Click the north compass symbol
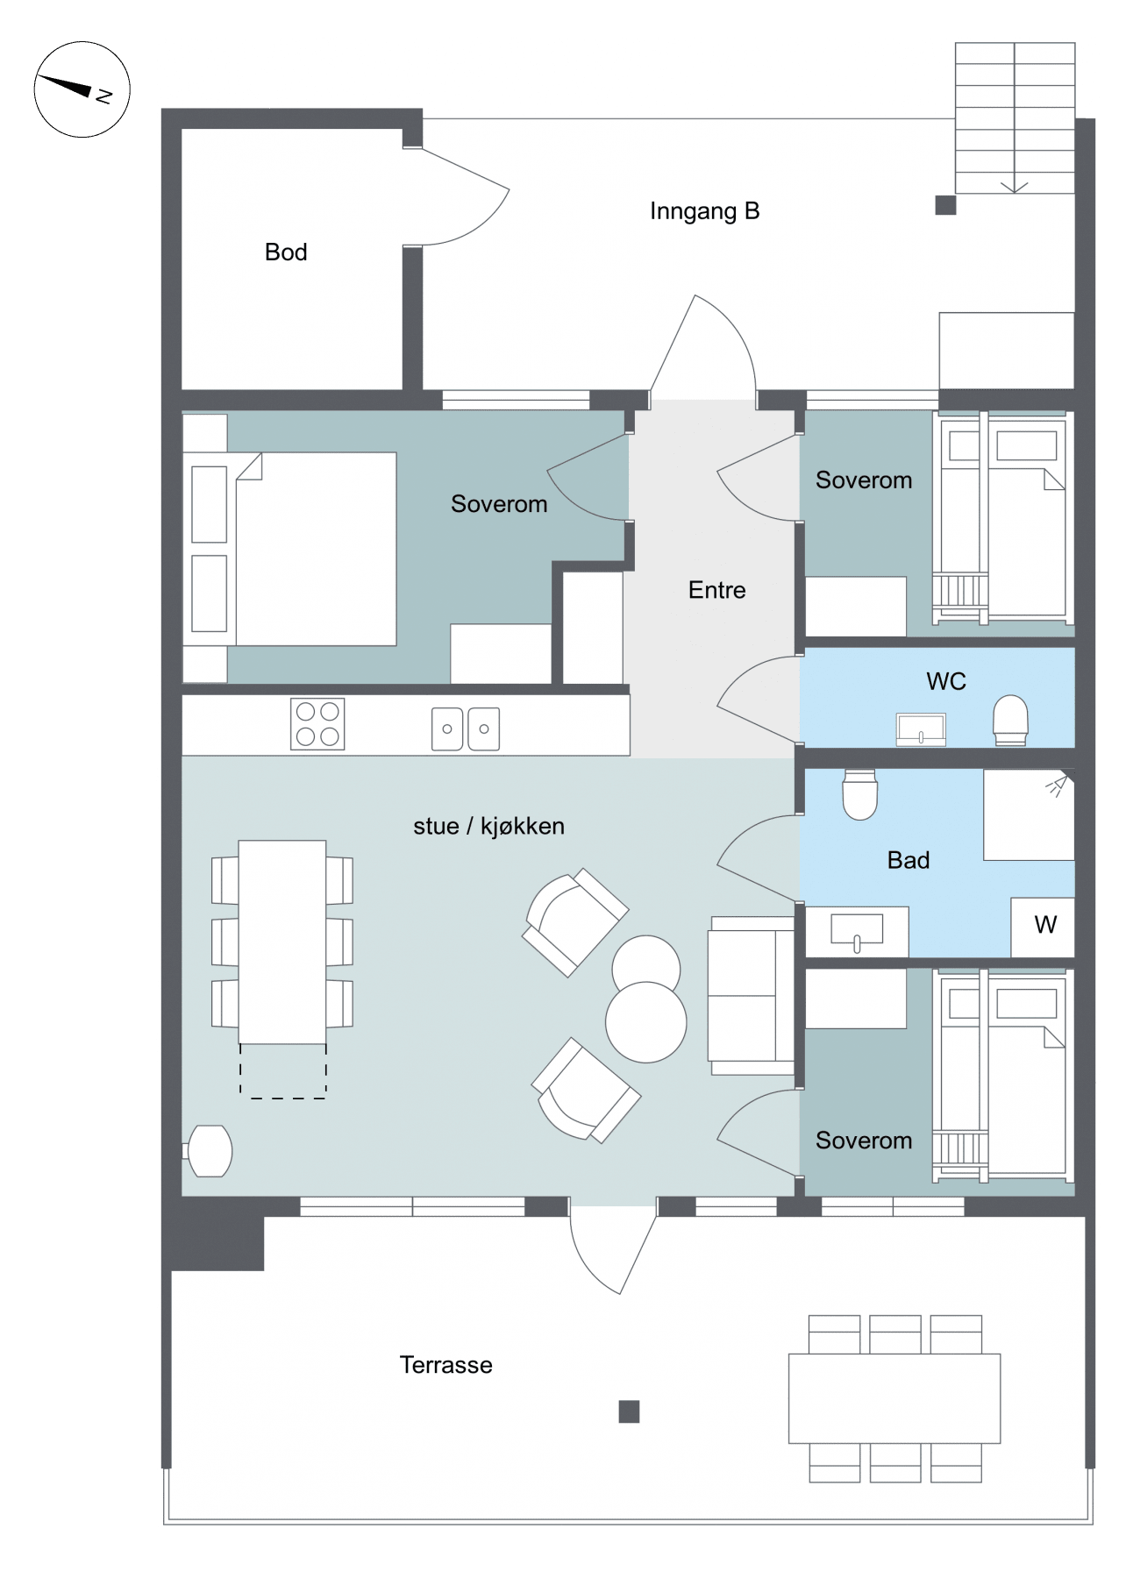(x=82, y=89)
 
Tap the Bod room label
(x=286, y=252)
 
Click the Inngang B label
(x=704, y=211)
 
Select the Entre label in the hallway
(x=716, y=590)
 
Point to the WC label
(x=946, y=681)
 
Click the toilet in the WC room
(x=1010, y=720)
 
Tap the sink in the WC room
(x=921, y=729)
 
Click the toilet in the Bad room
(x=859, y=794)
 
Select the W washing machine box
(x=1043, y=927)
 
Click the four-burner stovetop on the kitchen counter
(x=317, y=724)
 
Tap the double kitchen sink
(x=466, y=729)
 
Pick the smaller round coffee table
(x=646, y=965)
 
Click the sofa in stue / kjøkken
(x=752, y=996)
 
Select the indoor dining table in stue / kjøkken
(x=282, y=942)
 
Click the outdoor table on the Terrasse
(x=894, y=1398)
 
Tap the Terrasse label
(x=445, y=1365)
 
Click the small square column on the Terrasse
(x=629, y=1411)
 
